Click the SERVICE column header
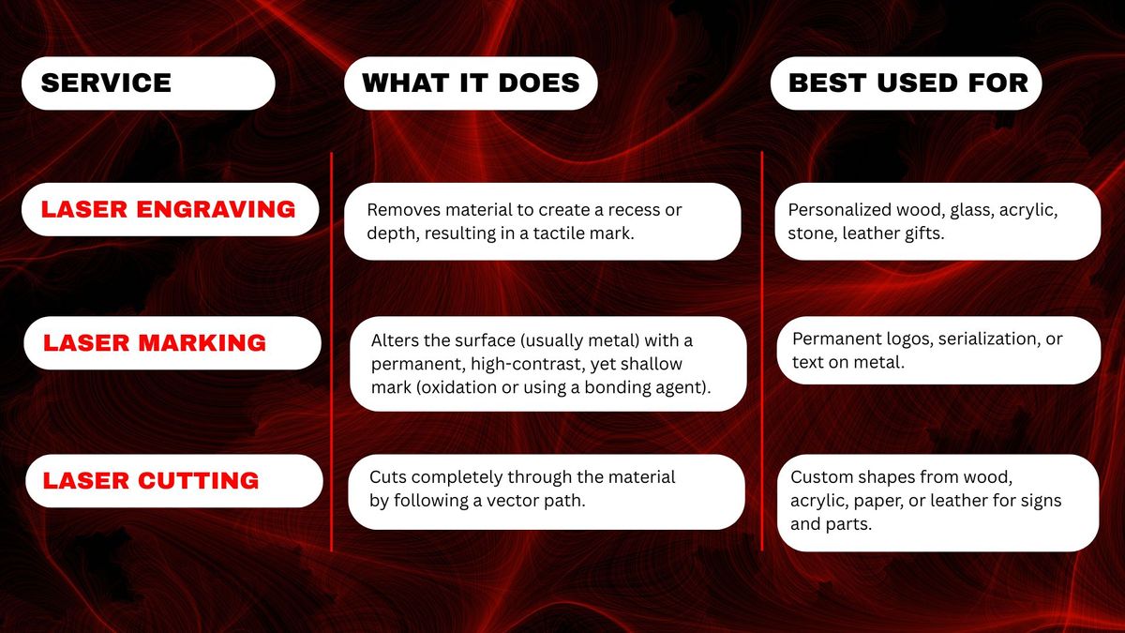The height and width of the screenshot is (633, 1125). click(106, 83)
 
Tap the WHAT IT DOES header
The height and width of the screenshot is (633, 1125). click(471, 83)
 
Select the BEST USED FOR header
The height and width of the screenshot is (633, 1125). click(908, 83)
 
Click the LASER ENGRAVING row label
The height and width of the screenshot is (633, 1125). click(168, 209)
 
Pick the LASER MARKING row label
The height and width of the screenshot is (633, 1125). click(155, 343)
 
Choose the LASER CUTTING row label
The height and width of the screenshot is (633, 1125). click(151, 481)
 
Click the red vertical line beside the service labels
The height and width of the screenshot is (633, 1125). click(332, 352)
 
